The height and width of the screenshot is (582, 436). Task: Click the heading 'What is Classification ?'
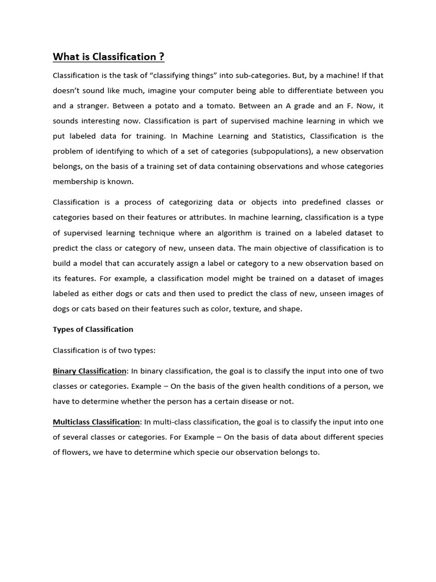[x=108, y=57]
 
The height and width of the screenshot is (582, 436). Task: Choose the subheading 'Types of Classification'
[x=93, y=330]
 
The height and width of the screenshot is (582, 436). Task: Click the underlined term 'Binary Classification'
[x=90, y=371]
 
